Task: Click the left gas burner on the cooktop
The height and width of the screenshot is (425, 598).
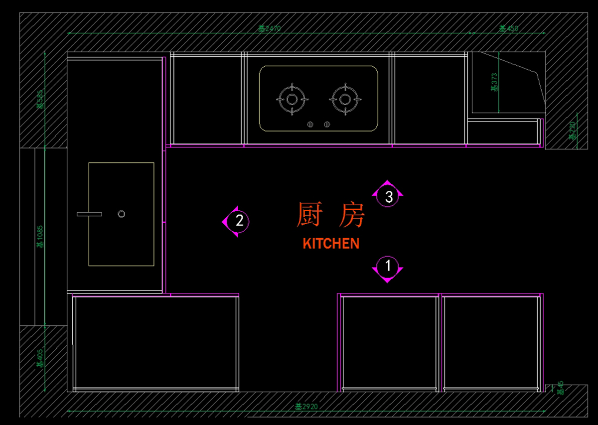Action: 291,99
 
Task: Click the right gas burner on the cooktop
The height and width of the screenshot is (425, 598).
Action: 345,99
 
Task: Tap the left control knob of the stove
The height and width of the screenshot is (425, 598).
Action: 310,124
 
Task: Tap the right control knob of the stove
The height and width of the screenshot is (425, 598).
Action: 327,124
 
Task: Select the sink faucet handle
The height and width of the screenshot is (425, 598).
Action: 89,214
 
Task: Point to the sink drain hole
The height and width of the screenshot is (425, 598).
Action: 121,214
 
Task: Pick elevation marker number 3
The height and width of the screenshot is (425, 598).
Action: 388,196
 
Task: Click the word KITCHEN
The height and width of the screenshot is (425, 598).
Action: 331,244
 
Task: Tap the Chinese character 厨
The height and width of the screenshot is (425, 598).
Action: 309,215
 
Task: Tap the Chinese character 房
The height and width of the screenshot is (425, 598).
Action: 351,215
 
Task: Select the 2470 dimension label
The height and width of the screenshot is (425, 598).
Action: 270,28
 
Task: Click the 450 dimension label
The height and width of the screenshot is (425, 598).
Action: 509,28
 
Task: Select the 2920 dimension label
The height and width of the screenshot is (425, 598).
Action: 306,407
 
